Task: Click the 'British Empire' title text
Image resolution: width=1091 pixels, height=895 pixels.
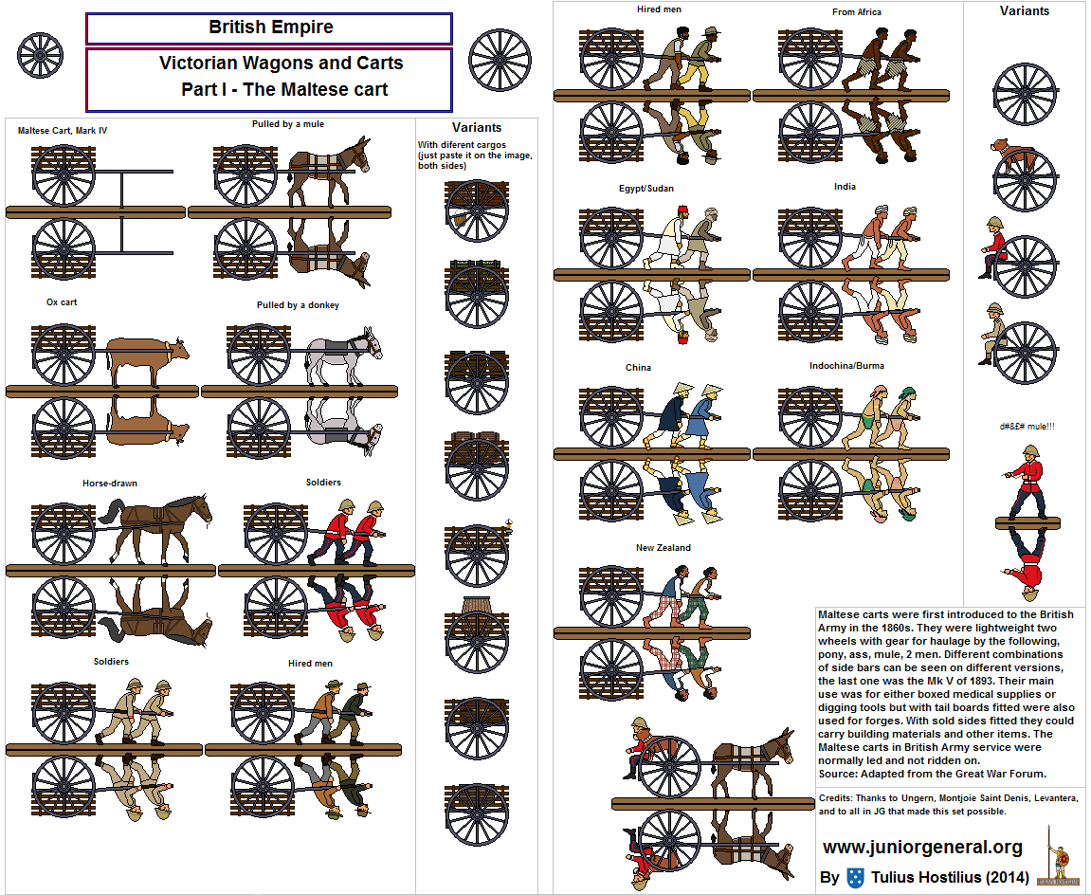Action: tap(271, 27)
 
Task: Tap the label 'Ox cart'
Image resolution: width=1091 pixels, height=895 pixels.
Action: tap(62, 302)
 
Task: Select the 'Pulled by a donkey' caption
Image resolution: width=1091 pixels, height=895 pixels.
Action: tap(298, 305)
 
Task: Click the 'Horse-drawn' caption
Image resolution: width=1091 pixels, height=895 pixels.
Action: tap(110, 483)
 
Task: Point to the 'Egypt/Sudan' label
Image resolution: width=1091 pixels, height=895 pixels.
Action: tap(646, 189)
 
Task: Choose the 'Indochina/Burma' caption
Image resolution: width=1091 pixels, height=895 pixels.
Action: tap(846, 365)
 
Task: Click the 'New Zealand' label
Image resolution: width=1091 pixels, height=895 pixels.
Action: tap(664, 548)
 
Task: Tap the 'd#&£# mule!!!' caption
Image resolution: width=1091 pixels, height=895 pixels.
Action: tap(1027, 427)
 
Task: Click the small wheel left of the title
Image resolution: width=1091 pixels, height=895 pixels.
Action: tap(40, 55)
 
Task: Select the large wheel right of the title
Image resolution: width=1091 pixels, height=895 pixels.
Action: tap(500, 60)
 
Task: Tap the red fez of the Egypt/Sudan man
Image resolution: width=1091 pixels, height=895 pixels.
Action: tap(682, 210)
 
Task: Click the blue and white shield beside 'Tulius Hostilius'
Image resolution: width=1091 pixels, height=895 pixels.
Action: tap(855, 878)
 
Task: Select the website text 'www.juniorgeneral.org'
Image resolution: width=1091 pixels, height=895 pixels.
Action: tap(922, 847)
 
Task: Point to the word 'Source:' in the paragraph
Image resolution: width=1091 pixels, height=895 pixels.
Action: tap(838, 774)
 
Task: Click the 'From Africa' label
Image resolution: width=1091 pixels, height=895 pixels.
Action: tap(857, 11)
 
